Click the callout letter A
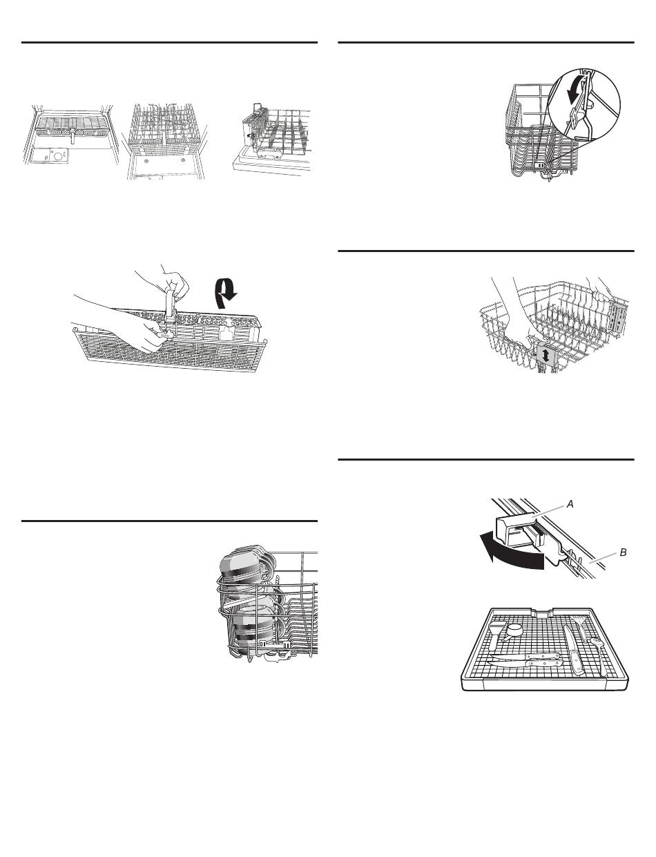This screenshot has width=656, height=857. pyautogui.click(x=570, y=505)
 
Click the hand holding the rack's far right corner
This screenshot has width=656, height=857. pyautogui.click(x=598, y=285)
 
